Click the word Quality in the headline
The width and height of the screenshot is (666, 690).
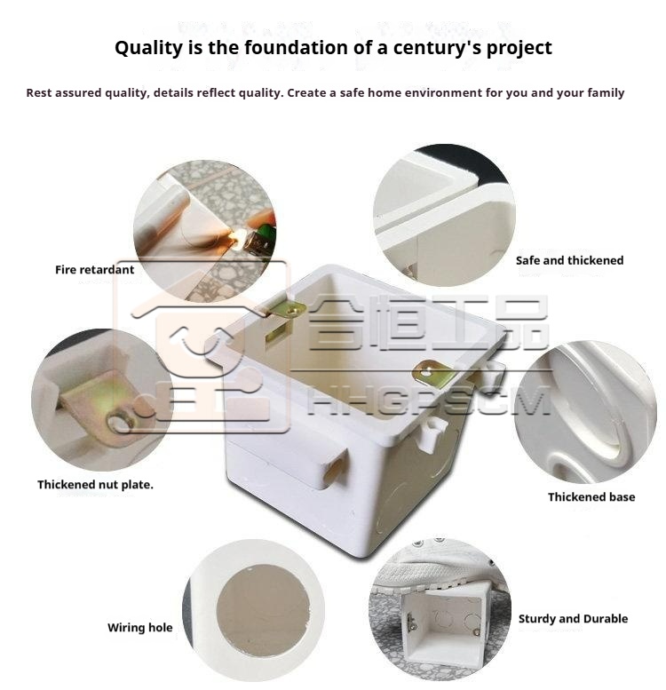(147, 49)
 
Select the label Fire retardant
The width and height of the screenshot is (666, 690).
(95, 270)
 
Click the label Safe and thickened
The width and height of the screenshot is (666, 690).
(570, 260)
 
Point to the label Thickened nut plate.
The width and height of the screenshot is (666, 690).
(95, 485)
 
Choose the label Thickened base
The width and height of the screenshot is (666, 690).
(591, 496)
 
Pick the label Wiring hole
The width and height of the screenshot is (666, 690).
(140, 628)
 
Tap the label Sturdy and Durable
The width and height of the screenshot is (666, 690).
(573, 619)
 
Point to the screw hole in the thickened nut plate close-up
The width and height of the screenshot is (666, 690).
(121, 422)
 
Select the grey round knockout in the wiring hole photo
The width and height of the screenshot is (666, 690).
(263, 610)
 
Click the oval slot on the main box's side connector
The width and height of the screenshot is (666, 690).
(334, 471)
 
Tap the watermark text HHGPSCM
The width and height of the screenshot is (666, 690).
(429, 400)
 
